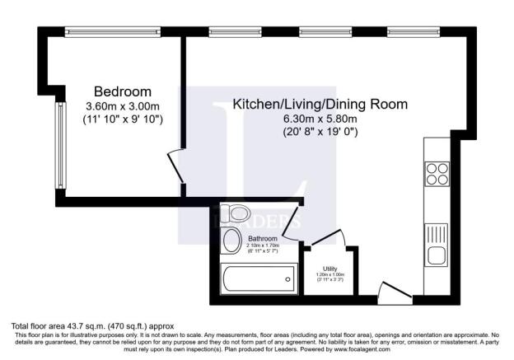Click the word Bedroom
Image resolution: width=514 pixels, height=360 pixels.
(123, 91)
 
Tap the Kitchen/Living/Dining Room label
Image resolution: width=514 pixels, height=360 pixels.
(320, 105)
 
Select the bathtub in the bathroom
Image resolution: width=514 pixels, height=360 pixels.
(257, 280)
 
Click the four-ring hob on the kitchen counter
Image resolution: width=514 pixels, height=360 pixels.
(437, 174)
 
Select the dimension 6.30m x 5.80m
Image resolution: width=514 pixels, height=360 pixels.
(320, 119)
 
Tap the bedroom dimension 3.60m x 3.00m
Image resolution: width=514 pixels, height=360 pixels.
(123, 105)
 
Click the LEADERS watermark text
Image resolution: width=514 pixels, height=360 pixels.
(256, 221)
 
